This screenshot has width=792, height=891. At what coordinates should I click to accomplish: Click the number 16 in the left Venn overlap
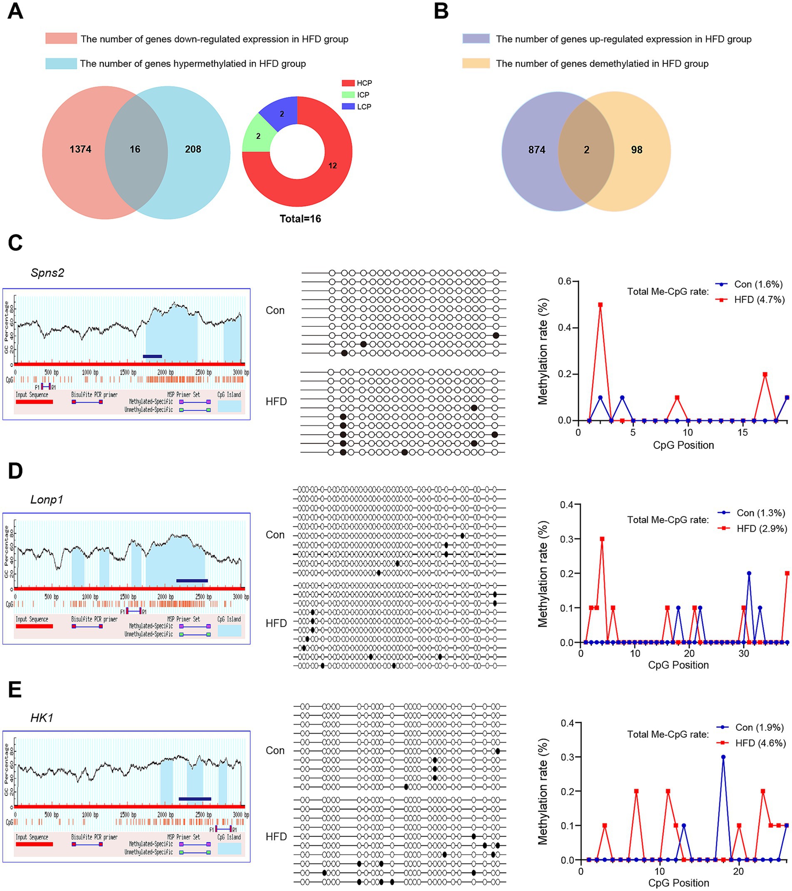135,150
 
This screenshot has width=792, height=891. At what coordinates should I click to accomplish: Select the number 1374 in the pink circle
81,150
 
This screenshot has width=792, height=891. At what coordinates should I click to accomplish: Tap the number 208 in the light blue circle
193,150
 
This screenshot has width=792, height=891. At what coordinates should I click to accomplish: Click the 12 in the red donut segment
332,165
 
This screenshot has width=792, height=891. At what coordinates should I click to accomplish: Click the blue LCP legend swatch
348,106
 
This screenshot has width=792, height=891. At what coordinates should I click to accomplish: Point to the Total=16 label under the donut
300,219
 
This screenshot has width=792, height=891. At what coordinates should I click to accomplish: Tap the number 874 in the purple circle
537,150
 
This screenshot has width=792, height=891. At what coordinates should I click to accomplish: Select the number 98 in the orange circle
637,150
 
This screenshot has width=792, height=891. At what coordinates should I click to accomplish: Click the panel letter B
441,12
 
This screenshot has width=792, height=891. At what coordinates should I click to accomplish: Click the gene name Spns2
47,273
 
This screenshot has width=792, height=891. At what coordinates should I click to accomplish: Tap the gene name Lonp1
47,500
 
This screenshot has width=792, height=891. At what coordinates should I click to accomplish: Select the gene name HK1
42,718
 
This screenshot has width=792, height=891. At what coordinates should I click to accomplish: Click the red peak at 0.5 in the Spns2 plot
600,305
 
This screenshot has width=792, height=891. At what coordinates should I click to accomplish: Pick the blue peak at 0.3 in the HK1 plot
723,757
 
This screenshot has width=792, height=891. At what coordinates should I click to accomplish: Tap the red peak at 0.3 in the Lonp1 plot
602,539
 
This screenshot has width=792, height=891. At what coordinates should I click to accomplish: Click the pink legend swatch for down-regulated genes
61,38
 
